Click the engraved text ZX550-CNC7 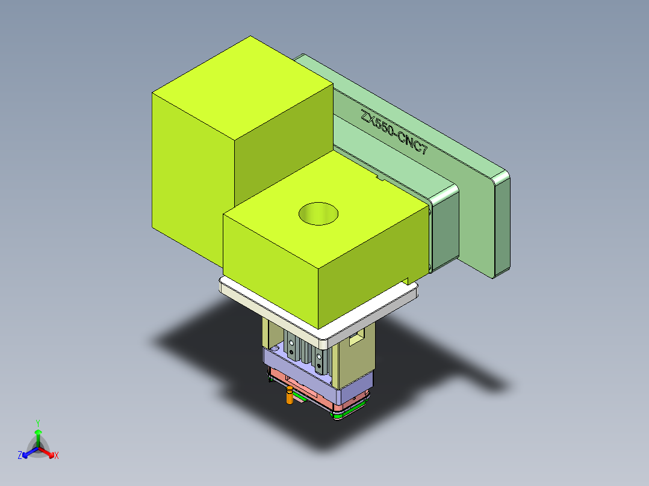(394, 134)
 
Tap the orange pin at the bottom (290, 396)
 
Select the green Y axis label (37, 423)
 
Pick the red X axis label (57, 456)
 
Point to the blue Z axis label (20, 456)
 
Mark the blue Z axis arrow (27, 453)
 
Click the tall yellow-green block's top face (241, 84)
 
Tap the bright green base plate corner (341, 416)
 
